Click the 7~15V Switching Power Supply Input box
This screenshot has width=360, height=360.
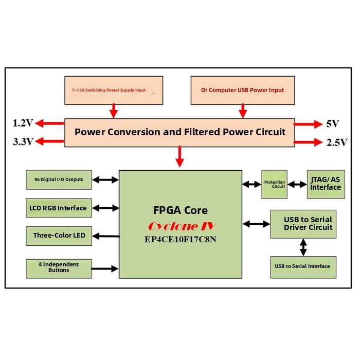[x=114, y=90]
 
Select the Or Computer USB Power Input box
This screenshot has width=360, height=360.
[x=242, y=90]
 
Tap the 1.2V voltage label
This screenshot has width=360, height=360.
[x=23, y=123]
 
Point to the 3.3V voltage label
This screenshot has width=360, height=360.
[x=23, y=142]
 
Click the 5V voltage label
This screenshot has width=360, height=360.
[x=333, y=124]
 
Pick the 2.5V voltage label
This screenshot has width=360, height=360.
[x=337, y=143]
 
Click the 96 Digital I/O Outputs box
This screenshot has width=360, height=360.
[x=59, y=179]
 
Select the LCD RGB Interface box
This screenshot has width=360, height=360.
[x=59, y=208]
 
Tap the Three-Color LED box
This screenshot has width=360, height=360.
[x=59, y=236]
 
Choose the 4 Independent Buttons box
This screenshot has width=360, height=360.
[x=59, y=268]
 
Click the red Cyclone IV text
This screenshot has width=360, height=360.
[x=180, y=226]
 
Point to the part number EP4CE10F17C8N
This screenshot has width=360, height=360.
[x=180, y=239]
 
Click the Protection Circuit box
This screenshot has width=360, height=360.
[x=274, y=184]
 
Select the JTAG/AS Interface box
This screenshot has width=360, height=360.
[x=325, y=184]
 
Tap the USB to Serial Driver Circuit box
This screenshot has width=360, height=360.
[x=303, y=224]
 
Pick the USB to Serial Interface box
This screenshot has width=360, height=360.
[x=303, y=266]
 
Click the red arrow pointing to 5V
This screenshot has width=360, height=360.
[x=307, y=124]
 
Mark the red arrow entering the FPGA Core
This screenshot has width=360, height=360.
[x=180, y=157]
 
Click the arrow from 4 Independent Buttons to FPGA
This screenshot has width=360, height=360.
[x=105, y=268]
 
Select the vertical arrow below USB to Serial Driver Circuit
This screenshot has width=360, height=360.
[x=303, y=247]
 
